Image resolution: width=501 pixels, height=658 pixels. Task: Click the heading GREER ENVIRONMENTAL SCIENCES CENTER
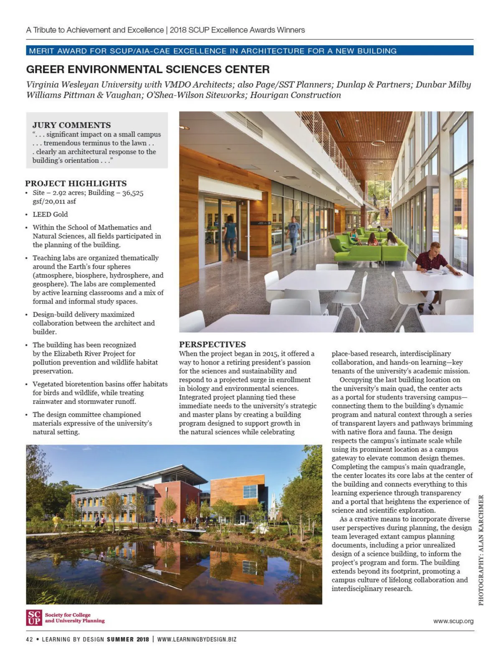(x=148, y=69)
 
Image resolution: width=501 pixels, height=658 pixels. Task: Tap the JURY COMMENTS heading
(x=72, y=125)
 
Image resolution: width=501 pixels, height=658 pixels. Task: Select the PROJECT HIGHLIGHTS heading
(x=76, y=183)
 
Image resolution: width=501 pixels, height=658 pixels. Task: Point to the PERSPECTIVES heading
(x=213, y=344)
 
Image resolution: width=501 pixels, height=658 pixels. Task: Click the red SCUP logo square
(x=34, y=617)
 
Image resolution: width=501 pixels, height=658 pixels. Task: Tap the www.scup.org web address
(x=453, y=621)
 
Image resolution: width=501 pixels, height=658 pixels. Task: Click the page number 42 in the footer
(x=29, y=639)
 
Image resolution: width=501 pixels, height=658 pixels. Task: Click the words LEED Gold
(x=50, y=214)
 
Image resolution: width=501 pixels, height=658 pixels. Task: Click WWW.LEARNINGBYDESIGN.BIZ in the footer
(x=197, y=639)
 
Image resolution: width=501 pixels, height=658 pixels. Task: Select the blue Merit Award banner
(x=250, y=51)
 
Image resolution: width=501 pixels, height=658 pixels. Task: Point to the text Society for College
(x=68, y=615)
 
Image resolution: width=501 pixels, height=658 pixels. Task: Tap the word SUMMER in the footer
(x=120, y=639)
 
